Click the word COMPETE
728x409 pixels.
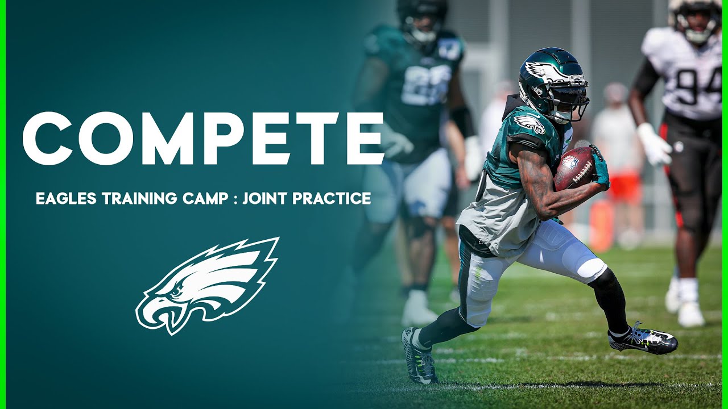pos(204,138)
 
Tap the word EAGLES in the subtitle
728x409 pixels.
pos(67,198)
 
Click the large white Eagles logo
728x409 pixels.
pos(208,286)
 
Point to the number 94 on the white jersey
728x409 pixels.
pos(699,85)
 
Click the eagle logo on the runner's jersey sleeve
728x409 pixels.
pos(529,124)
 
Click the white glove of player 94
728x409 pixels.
pos(653,144)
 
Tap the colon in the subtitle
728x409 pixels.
pos(235,199)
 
